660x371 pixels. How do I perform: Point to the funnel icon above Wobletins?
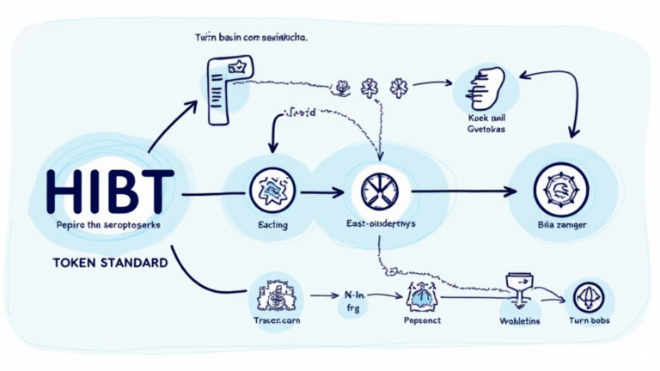[518, 289]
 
